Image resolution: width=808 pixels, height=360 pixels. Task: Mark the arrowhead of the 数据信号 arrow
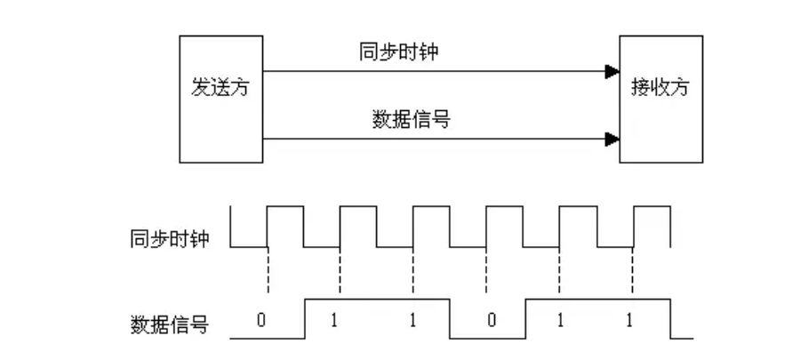611,139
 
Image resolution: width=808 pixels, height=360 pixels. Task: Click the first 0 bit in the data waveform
260,321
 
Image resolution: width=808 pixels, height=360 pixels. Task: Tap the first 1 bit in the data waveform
334,321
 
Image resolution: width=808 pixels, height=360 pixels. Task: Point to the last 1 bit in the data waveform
629,321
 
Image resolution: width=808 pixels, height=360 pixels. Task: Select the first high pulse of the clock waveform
285,208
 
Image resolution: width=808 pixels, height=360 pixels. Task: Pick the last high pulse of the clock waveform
651,208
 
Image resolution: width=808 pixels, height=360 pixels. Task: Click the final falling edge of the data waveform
669,318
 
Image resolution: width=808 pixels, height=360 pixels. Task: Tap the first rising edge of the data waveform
304,318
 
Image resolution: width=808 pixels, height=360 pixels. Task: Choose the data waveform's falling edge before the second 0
450,318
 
